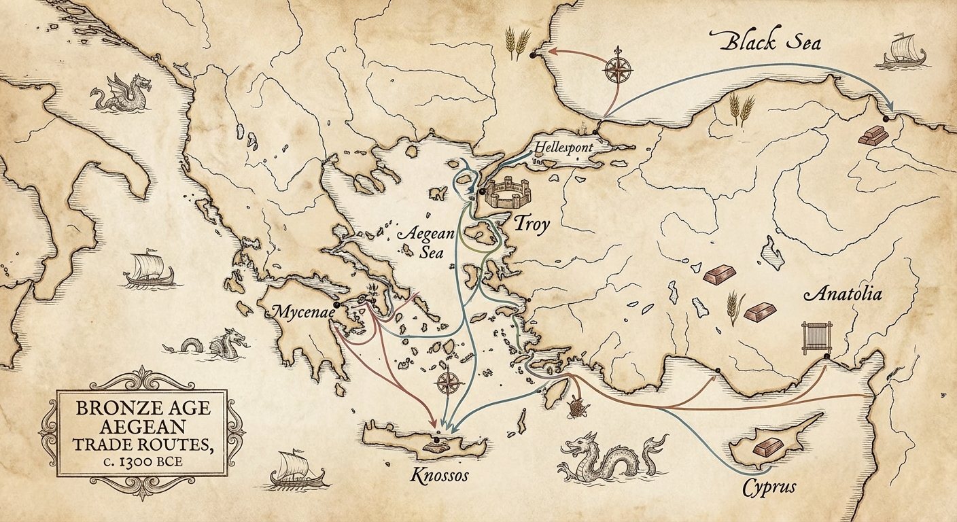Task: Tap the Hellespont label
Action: (x=563, y=147)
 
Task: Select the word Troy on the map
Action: (x=531, y=224)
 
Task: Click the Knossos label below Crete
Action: (x=440, y=475)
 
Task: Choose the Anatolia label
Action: (x=843, y=294)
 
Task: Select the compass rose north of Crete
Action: (x=448, y=383)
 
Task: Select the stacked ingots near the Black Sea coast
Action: (x=872, y=135)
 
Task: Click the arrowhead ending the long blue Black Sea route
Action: (x=891, y=109)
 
